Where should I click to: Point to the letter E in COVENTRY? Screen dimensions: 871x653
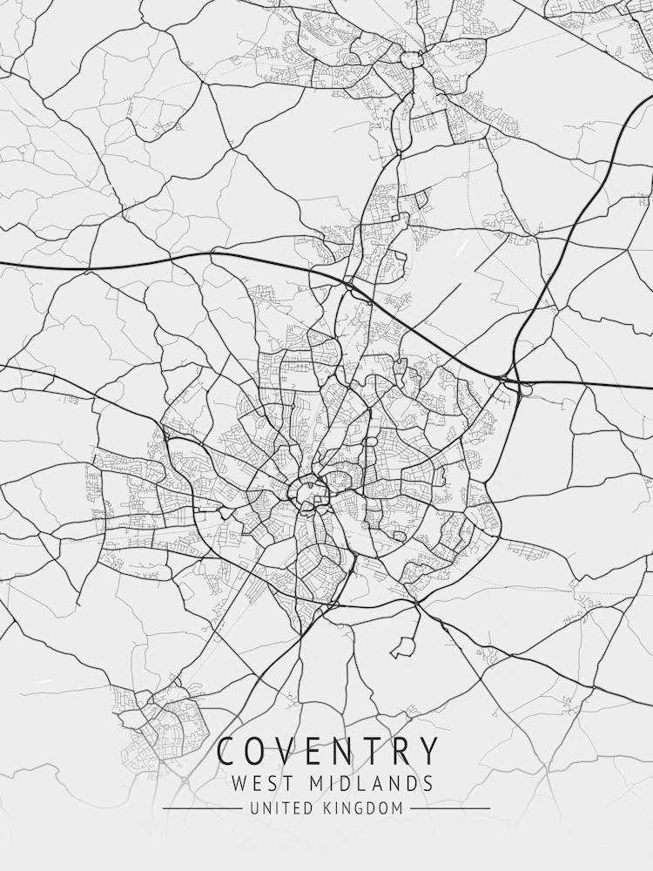coord(314,751)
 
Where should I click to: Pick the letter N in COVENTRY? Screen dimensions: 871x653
coord(344,751)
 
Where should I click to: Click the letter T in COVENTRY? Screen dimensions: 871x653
coord(373,751)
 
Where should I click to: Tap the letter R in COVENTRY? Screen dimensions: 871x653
coord(401,751)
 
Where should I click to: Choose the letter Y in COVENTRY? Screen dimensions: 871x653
coord(428,751)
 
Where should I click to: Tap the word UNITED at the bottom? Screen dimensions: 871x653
coord(279,808)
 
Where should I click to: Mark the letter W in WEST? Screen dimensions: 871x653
coord(240,783)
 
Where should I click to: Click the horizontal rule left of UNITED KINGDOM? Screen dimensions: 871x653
coord(202,808)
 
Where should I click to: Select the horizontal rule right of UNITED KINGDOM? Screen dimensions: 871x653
coord(449,808)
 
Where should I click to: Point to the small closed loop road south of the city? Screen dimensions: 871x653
coord(402,648)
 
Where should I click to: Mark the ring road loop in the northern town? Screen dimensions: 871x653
coord(411,58)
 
